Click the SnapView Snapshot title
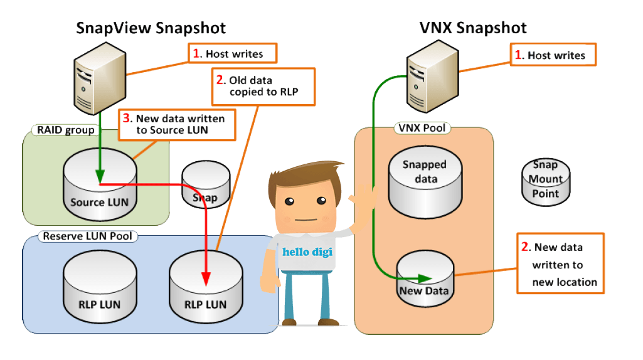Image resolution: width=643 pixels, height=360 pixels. coord(151,28)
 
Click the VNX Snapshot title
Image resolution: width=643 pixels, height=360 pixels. coord(473,28)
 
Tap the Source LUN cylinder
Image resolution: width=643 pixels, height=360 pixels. coord(100,184)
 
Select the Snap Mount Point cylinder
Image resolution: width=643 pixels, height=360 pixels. coord(545,182)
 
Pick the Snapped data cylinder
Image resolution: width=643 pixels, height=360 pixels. coord(425,183)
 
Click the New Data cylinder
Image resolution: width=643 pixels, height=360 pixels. coord(425,279)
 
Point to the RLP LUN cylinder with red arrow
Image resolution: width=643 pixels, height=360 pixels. coord(206,287)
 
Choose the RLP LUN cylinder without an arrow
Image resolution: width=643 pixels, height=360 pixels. coord(100,287)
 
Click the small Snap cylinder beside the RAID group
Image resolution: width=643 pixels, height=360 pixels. coord(206,184)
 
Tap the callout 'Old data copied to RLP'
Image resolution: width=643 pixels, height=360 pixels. coord(263,87)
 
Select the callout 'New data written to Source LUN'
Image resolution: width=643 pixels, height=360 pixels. coord(177,125)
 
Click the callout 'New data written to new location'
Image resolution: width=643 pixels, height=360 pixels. coord(561,263)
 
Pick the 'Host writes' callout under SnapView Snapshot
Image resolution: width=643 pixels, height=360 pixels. coord(233,53)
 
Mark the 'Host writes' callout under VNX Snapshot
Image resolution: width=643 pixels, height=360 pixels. coord(553,55)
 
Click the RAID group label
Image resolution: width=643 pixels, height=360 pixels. coord(66,130)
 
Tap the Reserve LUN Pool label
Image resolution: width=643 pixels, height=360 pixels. coord(87,236)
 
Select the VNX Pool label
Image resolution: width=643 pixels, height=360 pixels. coord(422,128)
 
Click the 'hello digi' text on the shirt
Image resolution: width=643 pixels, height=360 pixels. coord(307,251)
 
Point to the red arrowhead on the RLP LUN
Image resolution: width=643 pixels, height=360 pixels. coord(206,278)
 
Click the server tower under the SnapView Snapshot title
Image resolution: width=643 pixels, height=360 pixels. coord(100,78)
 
